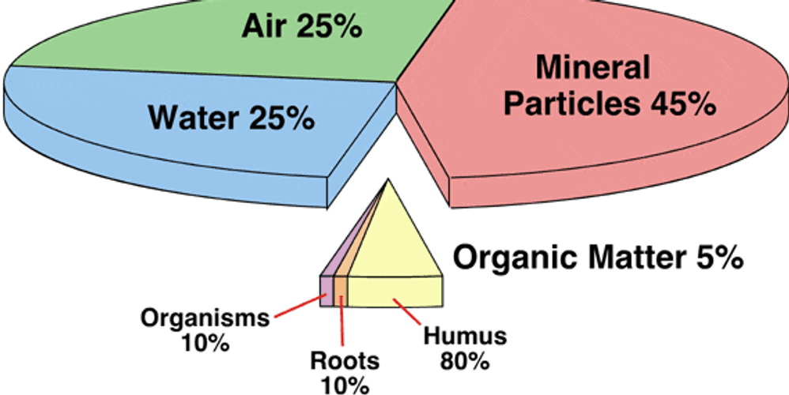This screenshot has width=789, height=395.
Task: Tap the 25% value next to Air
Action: tap(329, 27)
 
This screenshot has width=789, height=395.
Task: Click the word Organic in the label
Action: tap(505, 257)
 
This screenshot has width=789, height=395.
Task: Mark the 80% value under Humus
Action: tap(465, 362)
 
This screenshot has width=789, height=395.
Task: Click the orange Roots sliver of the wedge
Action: tap(341, 291)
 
